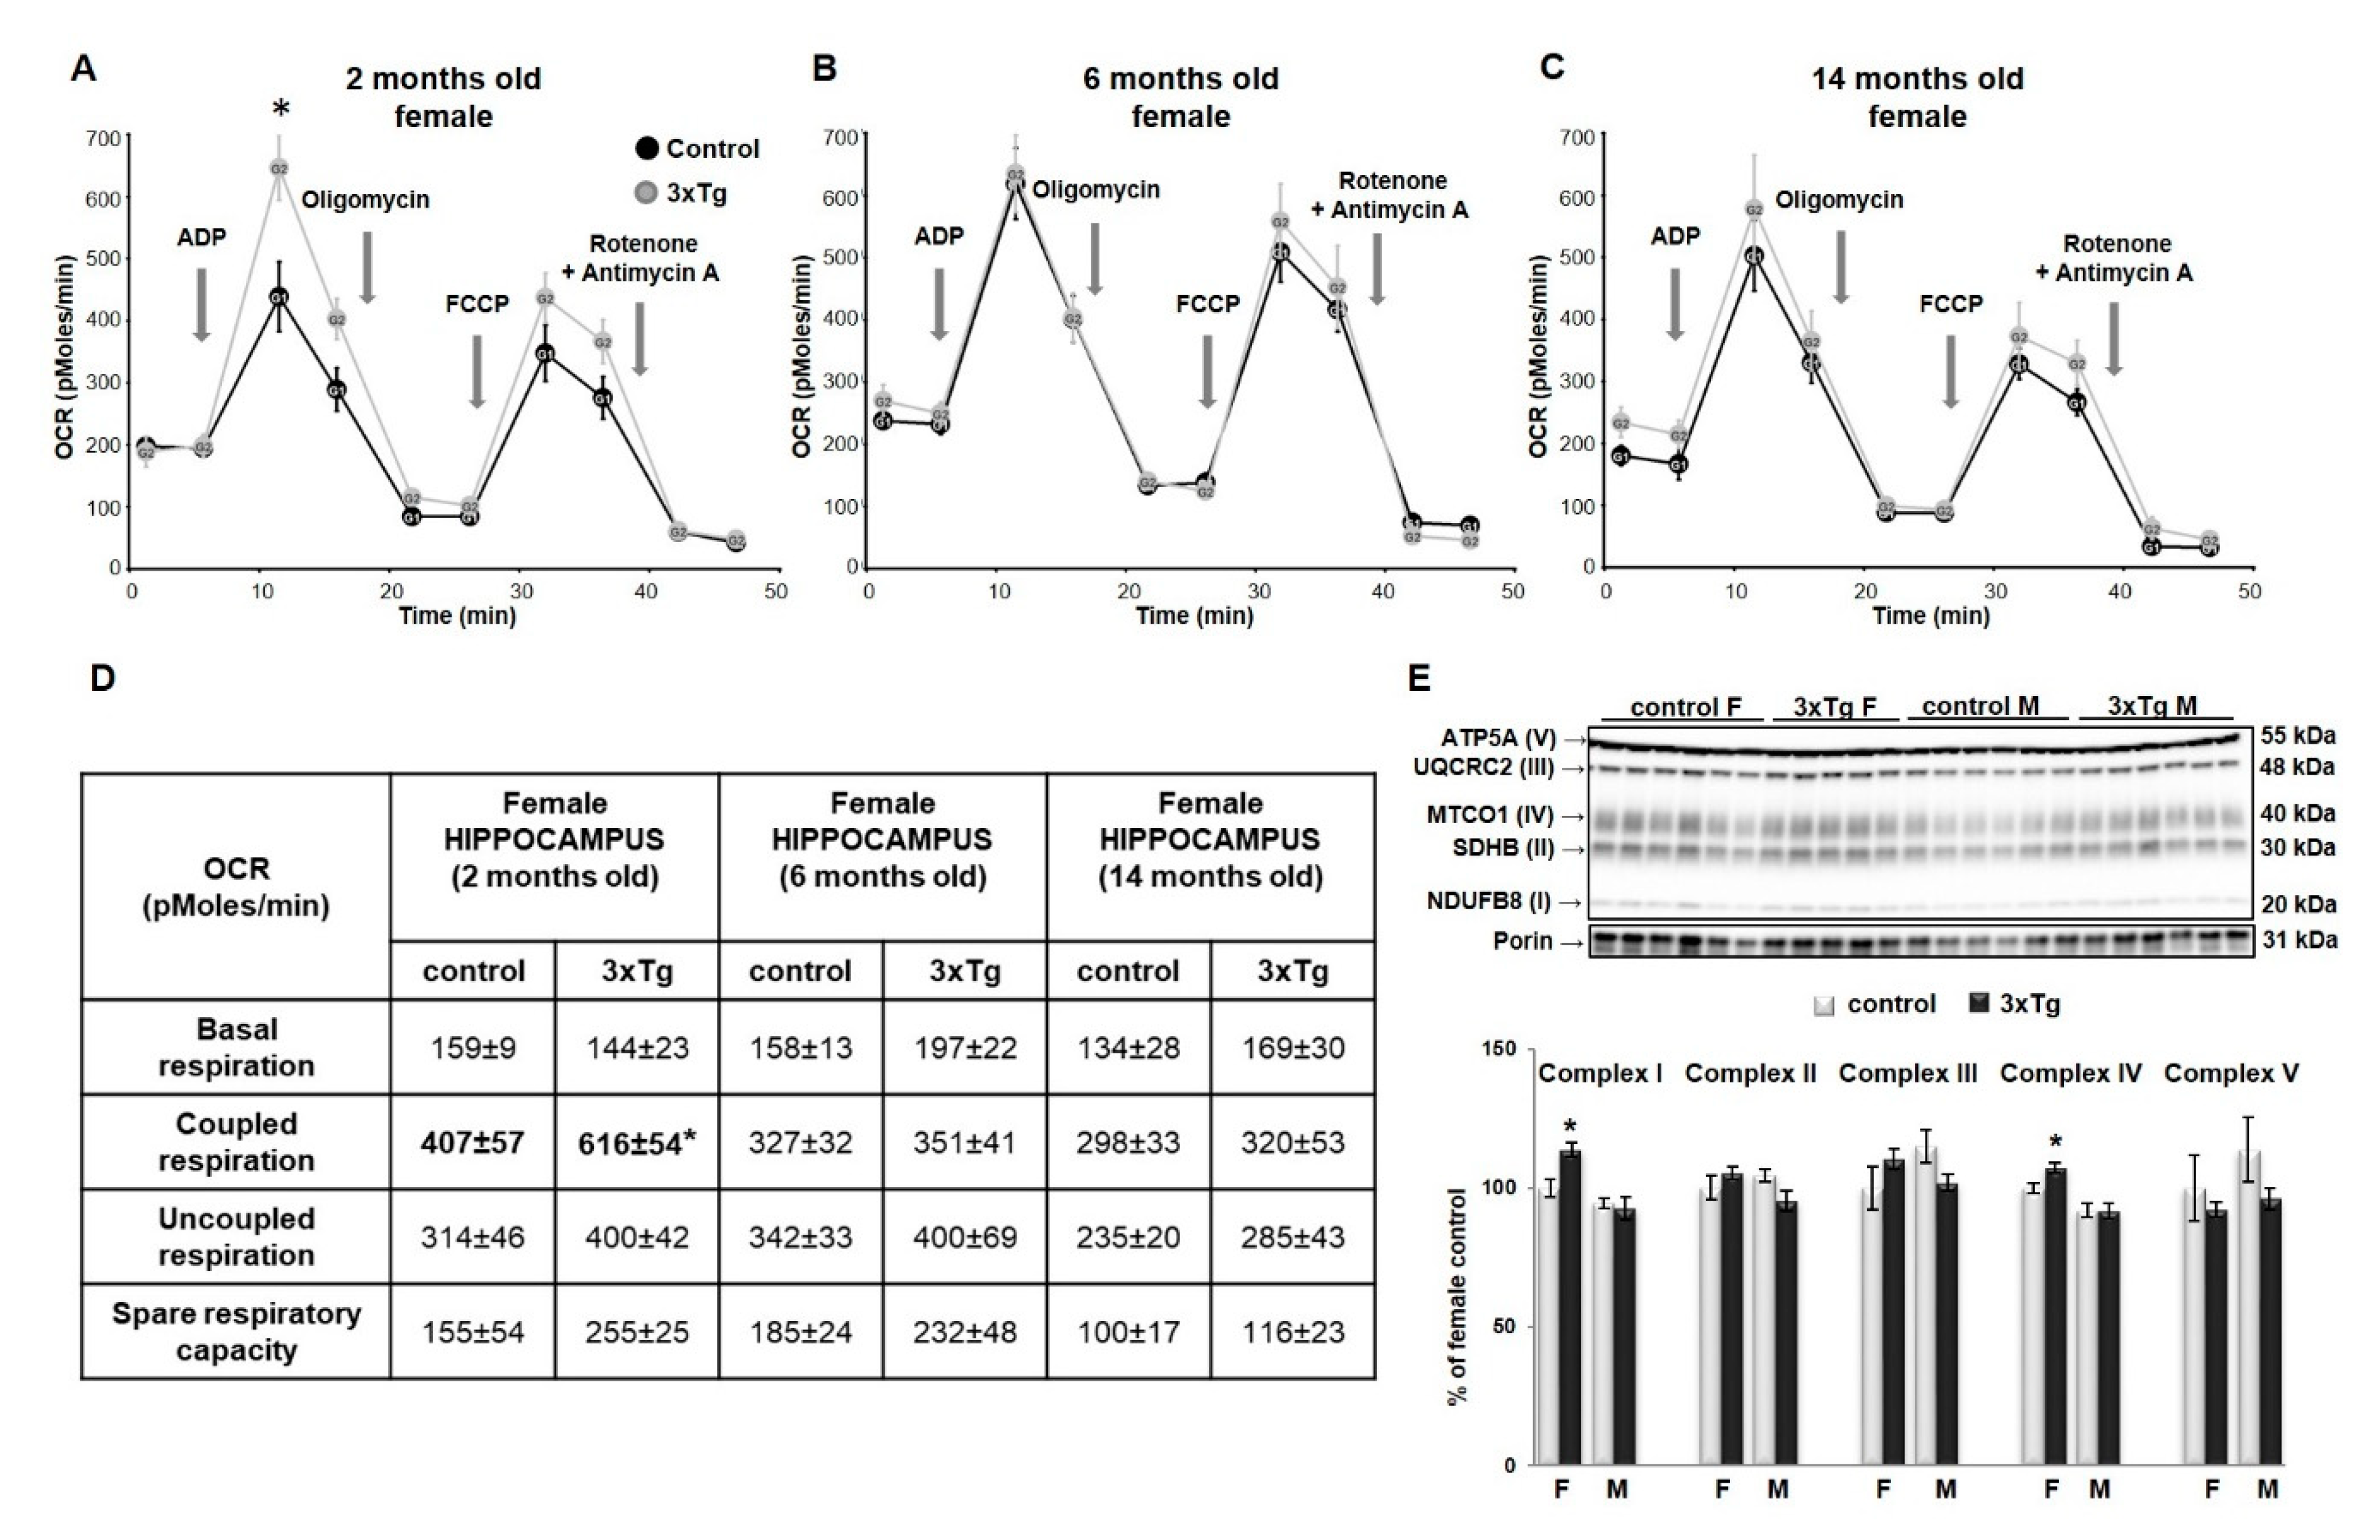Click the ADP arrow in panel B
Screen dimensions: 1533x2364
point(939,303)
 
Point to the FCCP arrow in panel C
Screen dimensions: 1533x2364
point(1951,371)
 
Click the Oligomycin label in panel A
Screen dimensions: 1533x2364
point(365,199)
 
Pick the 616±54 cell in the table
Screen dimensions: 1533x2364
point(637,1143)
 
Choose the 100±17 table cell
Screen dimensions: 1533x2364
point(1129,1332)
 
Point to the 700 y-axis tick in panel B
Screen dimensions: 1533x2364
point(845,135)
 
